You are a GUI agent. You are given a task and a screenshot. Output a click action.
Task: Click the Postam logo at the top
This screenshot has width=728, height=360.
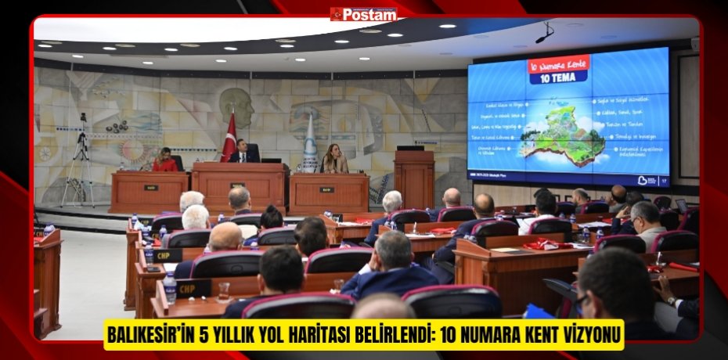tap(363, 13)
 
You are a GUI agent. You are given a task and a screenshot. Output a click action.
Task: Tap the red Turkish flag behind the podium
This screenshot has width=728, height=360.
tap(229, 137)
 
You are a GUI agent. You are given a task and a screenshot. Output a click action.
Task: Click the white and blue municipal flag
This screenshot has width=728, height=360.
tap(310, 144)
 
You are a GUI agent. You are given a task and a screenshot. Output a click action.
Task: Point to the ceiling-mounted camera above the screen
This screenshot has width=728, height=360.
tap(543, 34)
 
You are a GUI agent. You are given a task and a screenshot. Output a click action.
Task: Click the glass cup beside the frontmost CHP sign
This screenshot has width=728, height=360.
tap(225, 291)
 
